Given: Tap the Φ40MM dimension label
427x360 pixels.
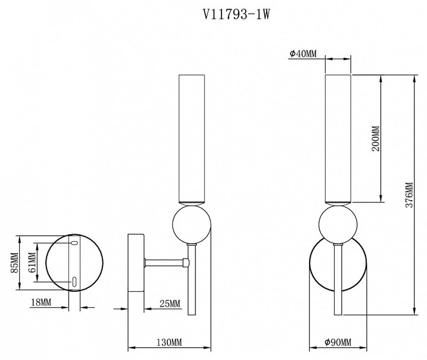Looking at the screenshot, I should (303, 53).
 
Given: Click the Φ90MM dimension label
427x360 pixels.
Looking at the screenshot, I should (338, 342).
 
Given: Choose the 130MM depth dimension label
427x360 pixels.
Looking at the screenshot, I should (170, 343).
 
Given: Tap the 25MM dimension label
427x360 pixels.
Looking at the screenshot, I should (170, 304).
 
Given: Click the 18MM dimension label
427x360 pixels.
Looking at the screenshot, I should (41, 303).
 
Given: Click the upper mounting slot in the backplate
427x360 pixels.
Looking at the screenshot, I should (74, 243).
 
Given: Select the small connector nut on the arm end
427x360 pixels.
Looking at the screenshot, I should (186, 262).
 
